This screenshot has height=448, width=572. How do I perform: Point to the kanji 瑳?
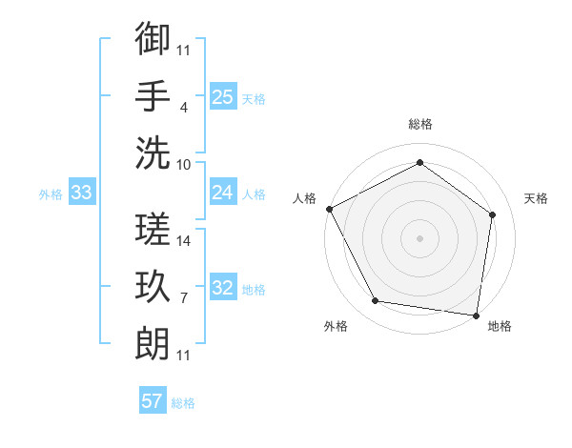153,230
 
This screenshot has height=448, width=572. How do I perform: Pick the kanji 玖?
153,287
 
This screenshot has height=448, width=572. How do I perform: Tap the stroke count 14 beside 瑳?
185,241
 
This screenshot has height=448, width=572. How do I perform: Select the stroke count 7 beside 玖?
183,298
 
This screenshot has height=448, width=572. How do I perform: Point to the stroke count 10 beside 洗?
185,164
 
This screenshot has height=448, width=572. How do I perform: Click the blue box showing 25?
222,97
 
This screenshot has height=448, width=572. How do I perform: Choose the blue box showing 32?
222,288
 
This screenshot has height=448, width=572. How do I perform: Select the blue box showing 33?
81,193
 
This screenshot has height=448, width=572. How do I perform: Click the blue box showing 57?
153,401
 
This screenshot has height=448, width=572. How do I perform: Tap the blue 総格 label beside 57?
183,403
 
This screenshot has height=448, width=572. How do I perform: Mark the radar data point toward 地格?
476,315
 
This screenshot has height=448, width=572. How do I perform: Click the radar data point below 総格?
419,163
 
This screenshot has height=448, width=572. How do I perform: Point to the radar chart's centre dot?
419,237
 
